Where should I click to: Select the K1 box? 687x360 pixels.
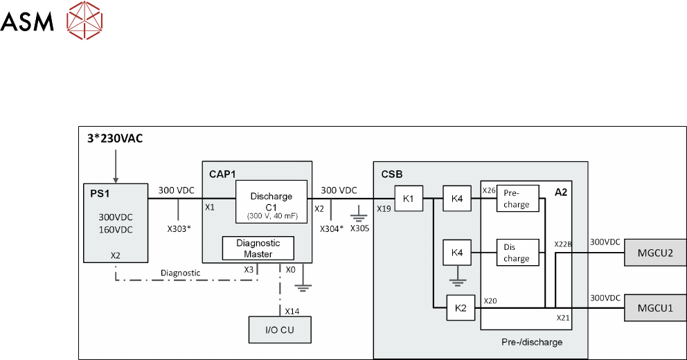coord(409,199)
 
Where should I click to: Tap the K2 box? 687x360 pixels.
coord(460,307)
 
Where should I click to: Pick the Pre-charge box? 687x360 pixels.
coord(517,199)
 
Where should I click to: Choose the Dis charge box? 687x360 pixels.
coord(517,253)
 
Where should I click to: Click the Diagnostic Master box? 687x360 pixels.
coord(258,248)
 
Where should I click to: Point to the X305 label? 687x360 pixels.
coord(360,228)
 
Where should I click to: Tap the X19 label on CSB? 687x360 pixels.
coord(384,207)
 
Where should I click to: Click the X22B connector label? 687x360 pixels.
coord(563,244)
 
